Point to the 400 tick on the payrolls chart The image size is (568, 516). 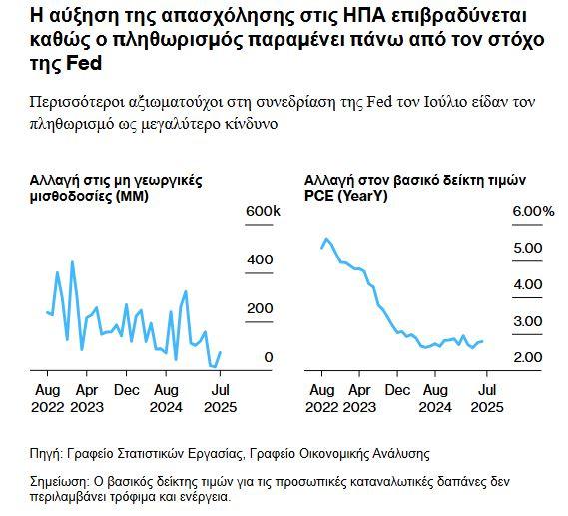(260, 260)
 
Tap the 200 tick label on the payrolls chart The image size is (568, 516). (260, 309)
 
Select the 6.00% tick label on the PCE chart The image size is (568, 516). (533, 212)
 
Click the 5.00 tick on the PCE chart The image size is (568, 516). (526, 248)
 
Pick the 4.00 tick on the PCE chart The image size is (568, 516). (526, 284)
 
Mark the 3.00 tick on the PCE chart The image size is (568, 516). (526, 321)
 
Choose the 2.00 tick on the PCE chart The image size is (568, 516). (526, 357)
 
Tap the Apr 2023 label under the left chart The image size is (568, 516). (88, 398)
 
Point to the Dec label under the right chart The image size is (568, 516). (397, 390)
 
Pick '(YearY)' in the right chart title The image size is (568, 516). (367, 197)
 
